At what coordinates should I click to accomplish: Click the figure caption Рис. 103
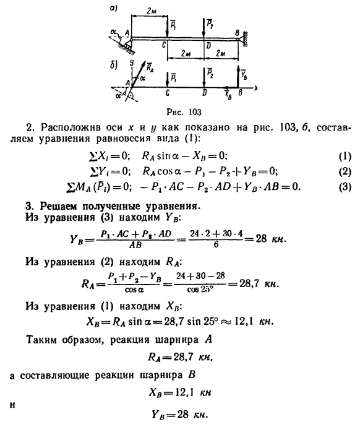tap(184, 112)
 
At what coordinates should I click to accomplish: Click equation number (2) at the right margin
tap(345, 171)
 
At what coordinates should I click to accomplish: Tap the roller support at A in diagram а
tap(129, 44)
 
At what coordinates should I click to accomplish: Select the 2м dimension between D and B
tap(221, 53)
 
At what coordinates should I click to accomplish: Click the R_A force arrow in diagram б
tap(139, 74)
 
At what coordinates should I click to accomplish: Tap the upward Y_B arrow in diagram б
tap(238, 76)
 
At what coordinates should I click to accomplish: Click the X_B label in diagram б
tap(228, 95)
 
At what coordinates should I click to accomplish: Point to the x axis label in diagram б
tap(255, 87)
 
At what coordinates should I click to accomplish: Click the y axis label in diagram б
tap(132, 63)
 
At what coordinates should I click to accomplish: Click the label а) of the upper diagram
tap(113, 9)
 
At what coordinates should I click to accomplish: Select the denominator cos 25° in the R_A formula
tap(200, 290)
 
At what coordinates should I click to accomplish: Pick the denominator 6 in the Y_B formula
tap(216, 245)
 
